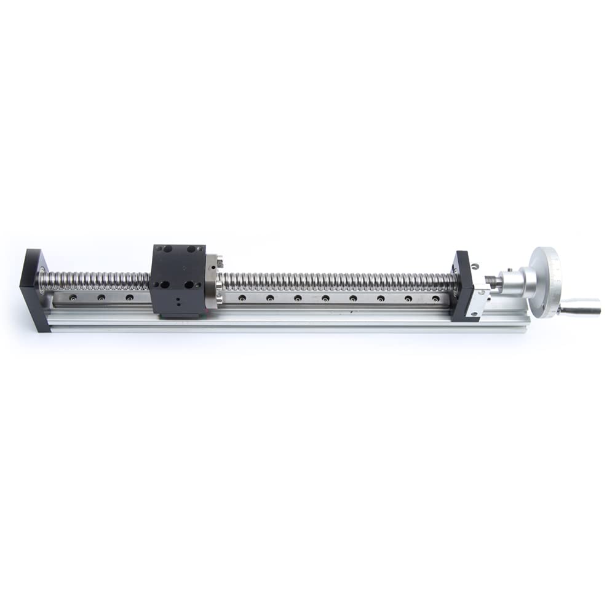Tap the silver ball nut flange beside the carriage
coord(212,282)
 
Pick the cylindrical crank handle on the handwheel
coord(581,306)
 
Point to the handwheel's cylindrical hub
coord(516,282)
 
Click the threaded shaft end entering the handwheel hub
coord(493,281)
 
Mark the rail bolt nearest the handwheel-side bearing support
coord(435,299)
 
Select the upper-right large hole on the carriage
coord(191,249)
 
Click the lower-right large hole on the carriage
coord(189,285)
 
